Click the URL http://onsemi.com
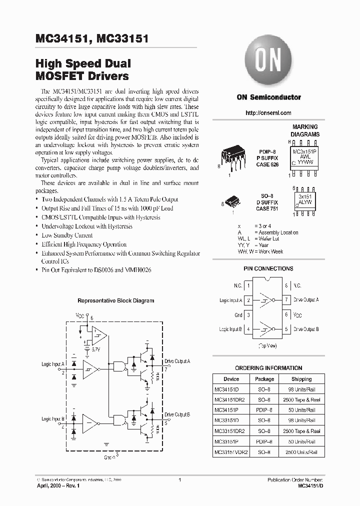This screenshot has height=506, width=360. (x=268, y=113)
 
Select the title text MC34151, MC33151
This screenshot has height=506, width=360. (x=91, y=39)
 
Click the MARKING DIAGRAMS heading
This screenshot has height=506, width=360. (x=304, y=130)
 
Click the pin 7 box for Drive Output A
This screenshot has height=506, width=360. (x=287, y=300)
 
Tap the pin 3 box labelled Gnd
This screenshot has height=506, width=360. (x=248, y=315)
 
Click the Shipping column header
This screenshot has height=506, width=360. (x=301, y=379)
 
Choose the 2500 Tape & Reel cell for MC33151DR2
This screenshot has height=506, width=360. (x=301, y=431)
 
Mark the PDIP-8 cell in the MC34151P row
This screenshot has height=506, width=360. (x=264, y=410)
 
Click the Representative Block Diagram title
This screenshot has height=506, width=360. (x=115, y=300)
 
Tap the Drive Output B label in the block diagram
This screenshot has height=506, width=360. (x=176, y=414)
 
